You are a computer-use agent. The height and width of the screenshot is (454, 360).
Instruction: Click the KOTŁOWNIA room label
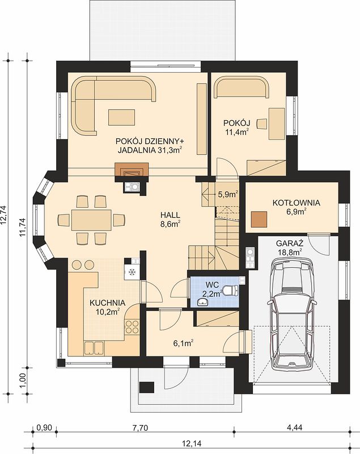[296, 203]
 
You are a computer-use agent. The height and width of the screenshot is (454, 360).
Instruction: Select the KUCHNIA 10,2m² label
[107, 307]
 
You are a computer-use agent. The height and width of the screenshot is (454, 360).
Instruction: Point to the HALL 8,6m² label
[170, 219]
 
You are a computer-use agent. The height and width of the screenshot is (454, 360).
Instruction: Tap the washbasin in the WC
[203, 302]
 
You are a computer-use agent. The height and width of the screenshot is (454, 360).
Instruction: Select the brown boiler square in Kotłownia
[259, 219]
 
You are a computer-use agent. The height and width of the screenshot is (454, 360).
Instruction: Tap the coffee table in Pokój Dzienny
[122, 117]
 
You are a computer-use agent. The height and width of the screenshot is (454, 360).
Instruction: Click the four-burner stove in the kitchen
[132, 327]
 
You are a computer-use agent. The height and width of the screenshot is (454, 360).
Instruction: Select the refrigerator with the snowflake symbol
[132, 272]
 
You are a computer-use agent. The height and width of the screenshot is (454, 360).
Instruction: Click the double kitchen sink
[94, 348]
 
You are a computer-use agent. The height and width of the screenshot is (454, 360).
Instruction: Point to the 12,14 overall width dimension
[192, 443]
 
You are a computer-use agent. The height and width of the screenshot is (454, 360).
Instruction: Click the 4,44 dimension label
[294, 427]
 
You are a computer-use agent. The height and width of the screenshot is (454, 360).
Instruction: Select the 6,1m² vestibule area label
[183, 343]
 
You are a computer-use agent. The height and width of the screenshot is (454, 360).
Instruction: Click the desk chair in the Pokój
[262, 123]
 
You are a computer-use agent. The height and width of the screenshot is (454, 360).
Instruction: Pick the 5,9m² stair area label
[228, 194]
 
